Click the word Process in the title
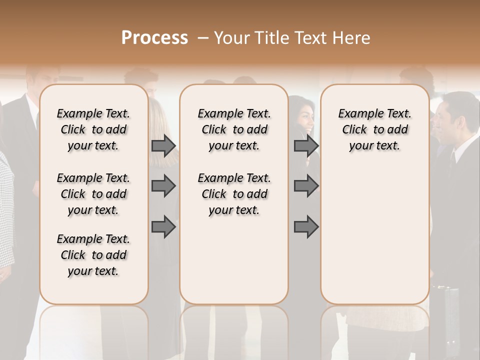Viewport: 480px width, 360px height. (154, 38)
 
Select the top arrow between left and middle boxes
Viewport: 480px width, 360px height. (163, 146)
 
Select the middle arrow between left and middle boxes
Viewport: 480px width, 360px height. (163, 186)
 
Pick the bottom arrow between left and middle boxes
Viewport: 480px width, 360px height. (163, 227)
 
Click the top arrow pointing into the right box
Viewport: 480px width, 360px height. (306, 146)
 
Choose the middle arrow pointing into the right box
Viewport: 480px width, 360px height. (306, 186)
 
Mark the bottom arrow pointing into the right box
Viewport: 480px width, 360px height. (306, 227)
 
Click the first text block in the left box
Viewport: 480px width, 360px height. (93, 129)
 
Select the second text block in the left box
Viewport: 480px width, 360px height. (93, 194)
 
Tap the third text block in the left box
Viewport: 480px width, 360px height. (93, 255)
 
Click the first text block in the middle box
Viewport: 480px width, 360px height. (234, 129)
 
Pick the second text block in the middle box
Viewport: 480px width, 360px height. (234, 194)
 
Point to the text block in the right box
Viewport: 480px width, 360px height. (375, 129)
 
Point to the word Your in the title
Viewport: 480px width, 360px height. (232, 38)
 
